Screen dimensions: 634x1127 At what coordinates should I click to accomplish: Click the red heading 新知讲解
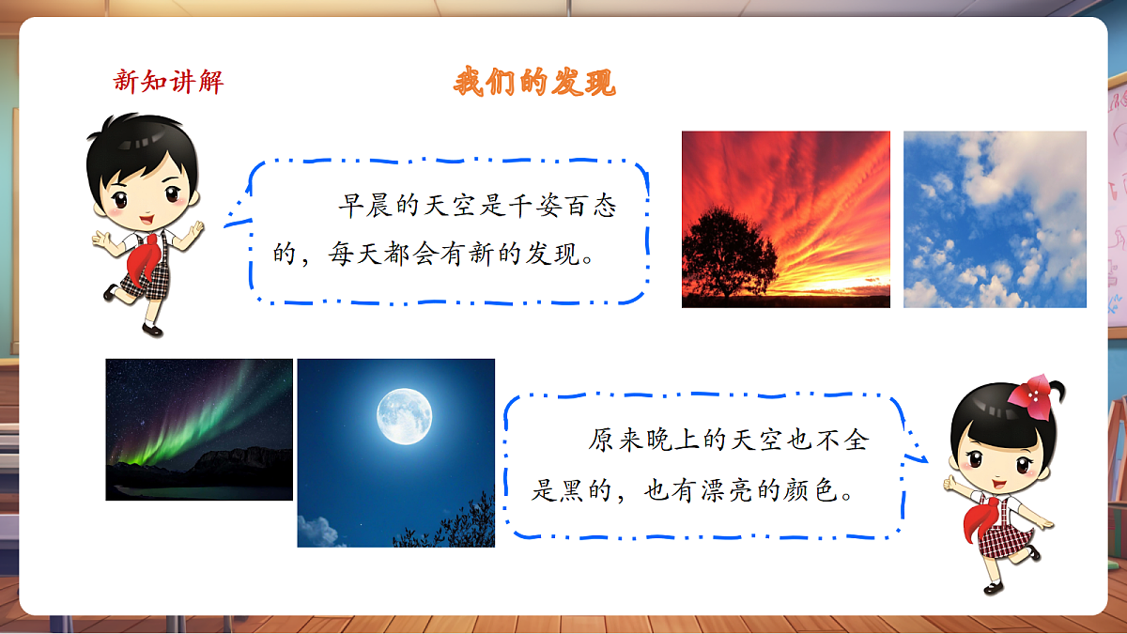[169, 82]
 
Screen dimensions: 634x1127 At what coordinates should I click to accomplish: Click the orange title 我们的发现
[534, 83]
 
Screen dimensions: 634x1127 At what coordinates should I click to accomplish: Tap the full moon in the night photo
[405, 415]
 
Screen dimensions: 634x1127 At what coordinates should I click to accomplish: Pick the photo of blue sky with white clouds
[995, 219]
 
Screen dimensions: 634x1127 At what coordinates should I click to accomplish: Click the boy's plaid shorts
[146, 282]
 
